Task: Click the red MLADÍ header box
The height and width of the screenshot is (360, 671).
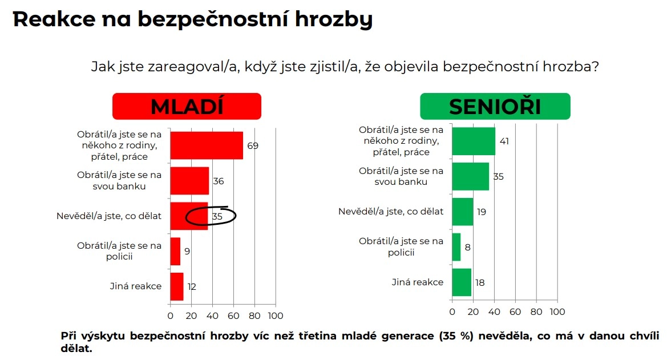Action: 187,107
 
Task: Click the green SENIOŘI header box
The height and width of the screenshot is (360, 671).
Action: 495,107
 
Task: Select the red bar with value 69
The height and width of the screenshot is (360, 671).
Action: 207,145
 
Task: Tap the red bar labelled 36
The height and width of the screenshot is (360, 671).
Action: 189,181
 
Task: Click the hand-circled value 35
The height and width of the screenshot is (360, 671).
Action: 217,217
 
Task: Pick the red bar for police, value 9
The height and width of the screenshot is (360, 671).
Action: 175,251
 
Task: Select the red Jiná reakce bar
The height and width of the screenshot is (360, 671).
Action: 177,286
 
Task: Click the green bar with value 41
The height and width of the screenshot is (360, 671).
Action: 474,141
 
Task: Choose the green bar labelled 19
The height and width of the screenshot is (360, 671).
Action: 462,212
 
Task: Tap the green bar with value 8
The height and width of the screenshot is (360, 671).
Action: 456,247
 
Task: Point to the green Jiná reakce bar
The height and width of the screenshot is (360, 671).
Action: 462,282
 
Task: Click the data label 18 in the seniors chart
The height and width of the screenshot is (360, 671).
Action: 479,282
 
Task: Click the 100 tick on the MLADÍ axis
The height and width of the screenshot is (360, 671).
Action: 276,316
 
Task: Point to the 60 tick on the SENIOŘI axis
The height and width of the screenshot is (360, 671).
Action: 515,312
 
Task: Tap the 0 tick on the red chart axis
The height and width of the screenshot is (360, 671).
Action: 170,316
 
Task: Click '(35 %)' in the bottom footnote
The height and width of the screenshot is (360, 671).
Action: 456,336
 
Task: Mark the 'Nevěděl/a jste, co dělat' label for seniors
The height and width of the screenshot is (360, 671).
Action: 391,212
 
